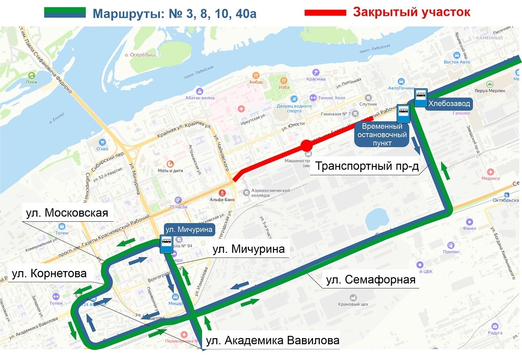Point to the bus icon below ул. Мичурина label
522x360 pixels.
coord(166,244)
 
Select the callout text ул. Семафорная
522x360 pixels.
coord(370,280)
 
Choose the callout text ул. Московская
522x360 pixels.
coord(67,213)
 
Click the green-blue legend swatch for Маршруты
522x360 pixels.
coord(65,13)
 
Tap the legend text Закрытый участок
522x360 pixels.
coord(411,12)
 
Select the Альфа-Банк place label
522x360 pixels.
coord(222,199)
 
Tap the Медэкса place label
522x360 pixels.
coord(490,178)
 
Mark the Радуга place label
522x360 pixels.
coord(495,333)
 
